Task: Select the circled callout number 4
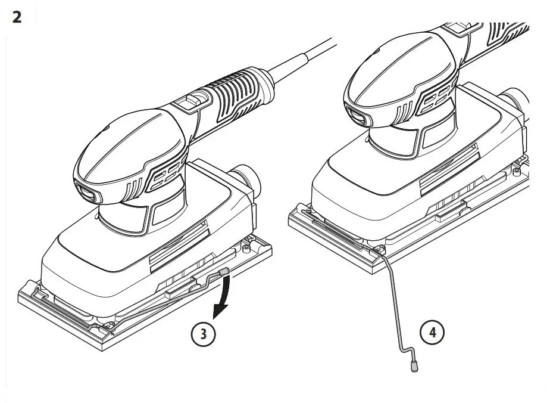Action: [x=433, y=332]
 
